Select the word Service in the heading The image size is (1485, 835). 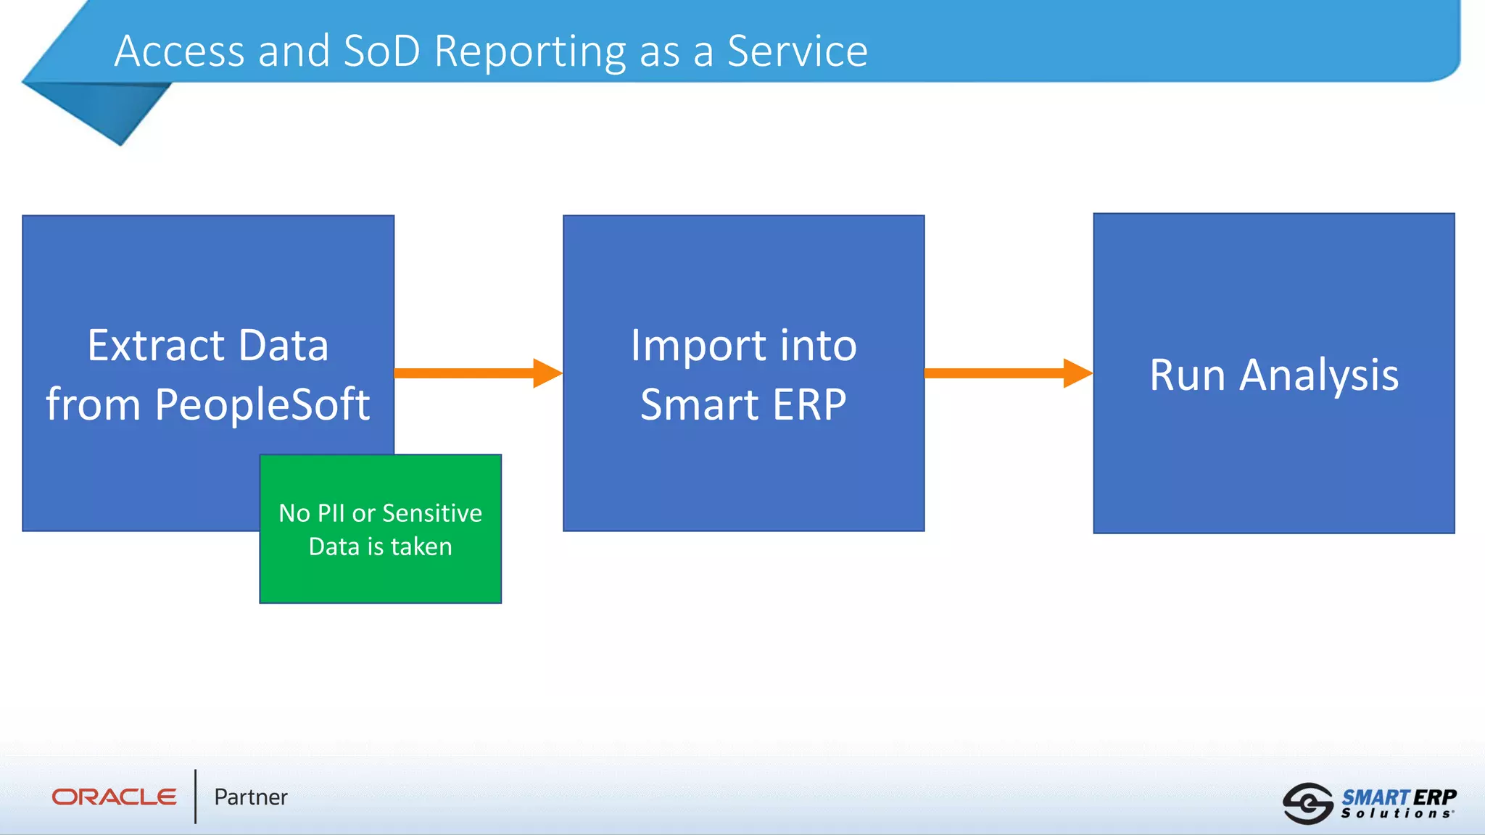tap(797, 51)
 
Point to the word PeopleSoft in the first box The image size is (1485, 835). tap(262, 404)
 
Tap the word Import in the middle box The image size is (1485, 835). tap(698, 346)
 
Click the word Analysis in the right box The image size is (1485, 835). tap(1318, 376)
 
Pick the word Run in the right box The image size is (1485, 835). tap(1187, 375)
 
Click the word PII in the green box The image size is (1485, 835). tap(331, 513)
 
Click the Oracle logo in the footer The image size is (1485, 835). tap(114, 797)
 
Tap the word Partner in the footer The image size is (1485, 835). tap(251, 797)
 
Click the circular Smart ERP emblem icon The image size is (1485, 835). tap(1307, 803)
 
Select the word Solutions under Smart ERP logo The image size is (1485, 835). tap(1396, 814)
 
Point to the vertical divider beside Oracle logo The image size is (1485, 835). tap(195, 797)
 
